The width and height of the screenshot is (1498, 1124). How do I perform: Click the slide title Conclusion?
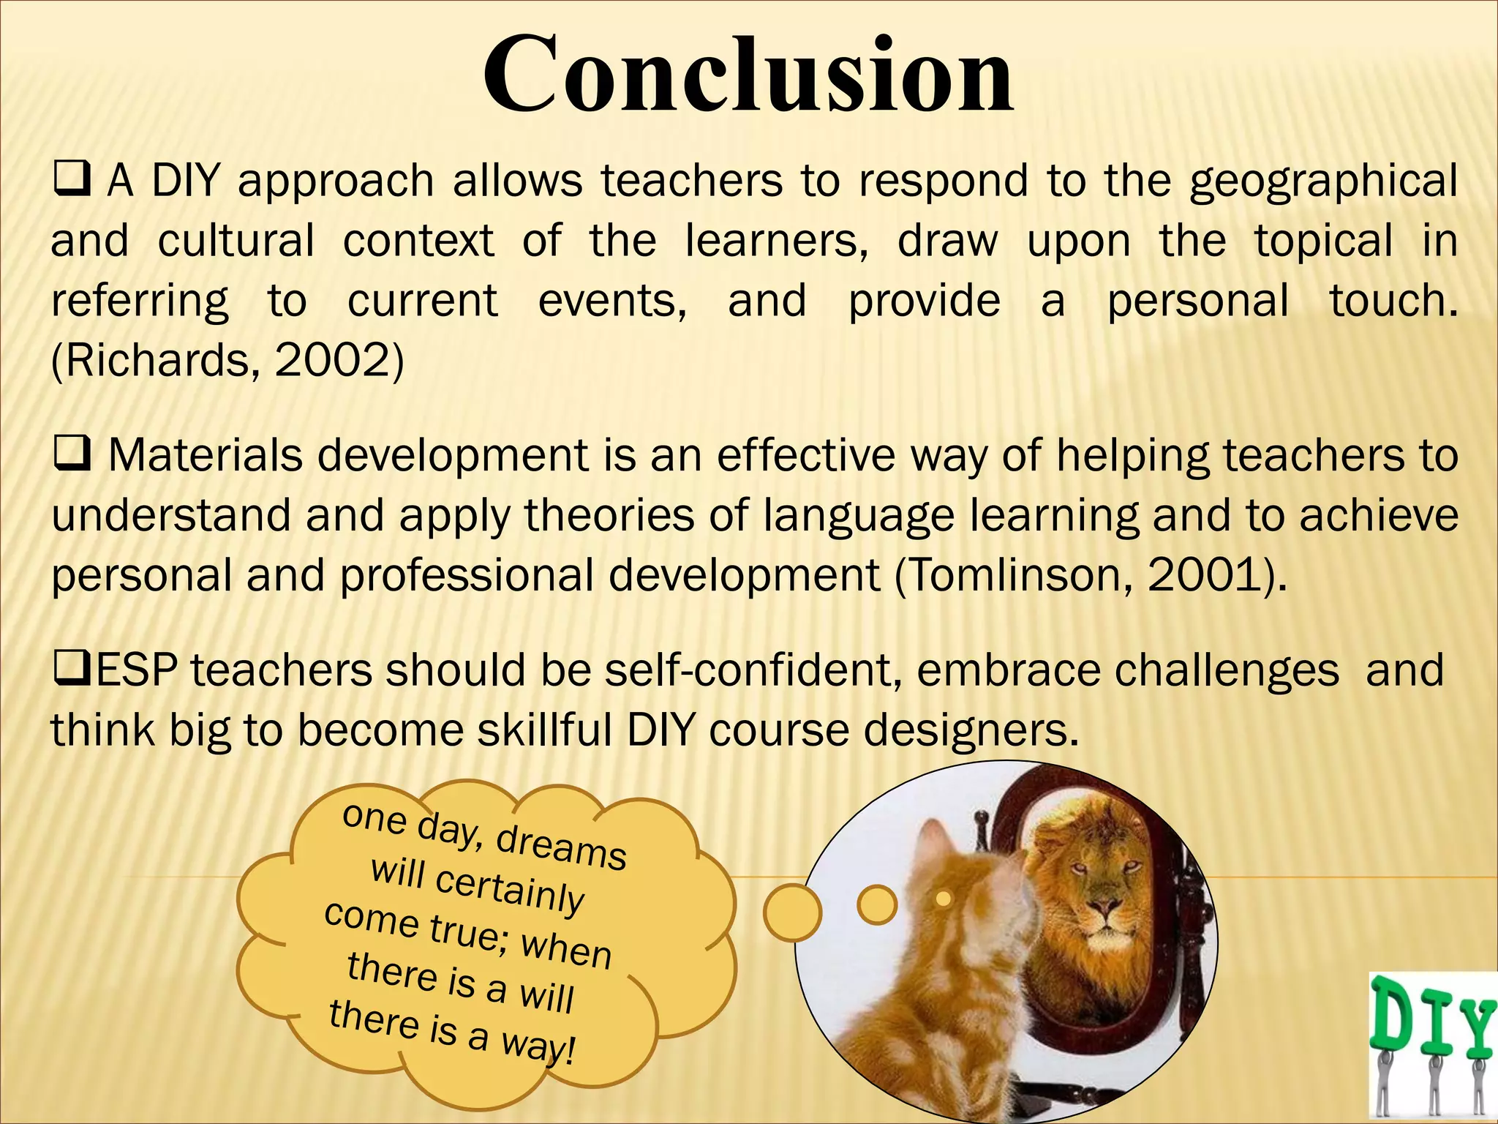pyautogui.click(x=748, y=75)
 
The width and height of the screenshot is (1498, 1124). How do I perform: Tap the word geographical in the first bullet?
pyautogui.click(x=1323, y=181)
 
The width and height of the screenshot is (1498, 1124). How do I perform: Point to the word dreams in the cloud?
pyautogui.click(x=562, y=847)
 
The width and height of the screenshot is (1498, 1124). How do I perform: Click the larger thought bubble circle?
pyautogui.click(x=792, y=913)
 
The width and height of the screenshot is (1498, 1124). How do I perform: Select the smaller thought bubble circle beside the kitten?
pyautogui.click(x=876, y=905)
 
